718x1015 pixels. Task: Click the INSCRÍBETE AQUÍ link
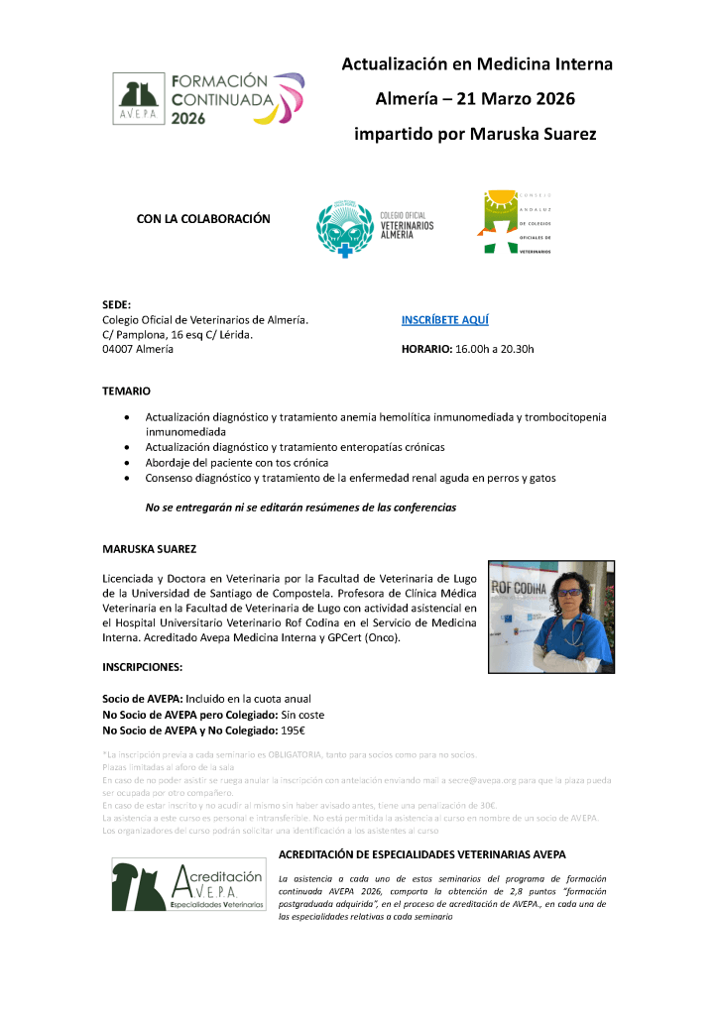click(444, 320)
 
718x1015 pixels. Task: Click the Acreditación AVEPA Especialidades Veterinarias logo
click(188, 886)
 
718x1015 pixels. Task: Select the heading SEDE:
click(117, 305)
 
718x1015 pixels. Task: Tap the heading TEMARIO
click(127, 392)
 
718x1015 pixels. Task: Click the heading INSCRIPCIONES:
click(143, 667)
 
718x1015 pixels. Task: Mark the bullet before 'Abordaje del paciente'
click(125, 463)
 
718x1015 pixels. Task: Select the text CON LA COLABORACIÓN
click(203, 219)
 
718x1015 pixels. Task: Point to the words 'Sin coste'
click(297, 715)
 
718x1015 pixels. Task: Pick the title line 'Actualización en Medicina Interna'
click(477, 64)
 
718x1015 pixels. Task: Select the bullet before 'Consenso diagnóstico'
click(125, 478)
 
